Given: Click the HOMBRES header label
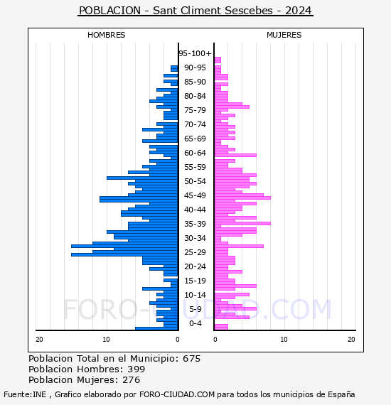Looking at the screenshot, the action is (x=106, y=35).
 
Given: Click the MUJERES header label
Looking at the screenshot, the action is (x=284, y=35).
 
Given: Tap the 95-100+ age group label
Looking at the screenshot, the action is (x=195, y=53).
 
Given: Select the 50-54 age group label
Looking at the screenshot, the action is (x=195, y=181).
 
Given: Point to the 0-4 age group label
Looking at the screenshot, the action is (x=195, y=323).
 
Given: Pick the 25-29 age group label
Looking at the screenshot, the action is (x=195, y=252).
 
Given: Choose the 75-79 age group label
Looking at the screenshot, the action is (x=195, y=110).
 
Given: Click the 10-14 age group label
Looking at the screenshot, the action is (x=195, y=295).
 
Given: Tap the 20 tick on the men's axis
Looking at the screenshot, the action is (x=39, y=340).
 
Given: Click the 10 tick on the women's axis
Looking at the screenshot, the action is (x=284, y=340).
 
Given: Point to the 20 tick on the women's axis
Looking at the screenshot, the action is (x=351, y=340).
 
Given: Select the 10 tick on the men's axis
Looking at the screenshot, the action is (x=106, y=340).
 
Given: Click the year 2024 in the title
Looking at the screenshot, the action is (x=299, y=11).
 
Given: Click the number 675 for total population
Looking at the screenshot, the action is (x=191, y=359).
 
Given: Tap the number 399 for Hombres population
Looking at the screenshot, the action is (x=136, y=369).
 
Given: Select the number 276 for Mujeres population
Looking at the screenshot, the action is (x=132, y=380).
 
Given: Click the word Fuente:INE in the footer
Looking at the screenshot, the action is (x=25, y=394).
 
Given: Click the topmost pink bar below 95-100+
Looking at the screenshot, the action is (x=218, y=60).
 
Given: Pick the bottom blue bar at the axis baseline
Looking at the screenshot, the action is (x=156, y=328).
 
